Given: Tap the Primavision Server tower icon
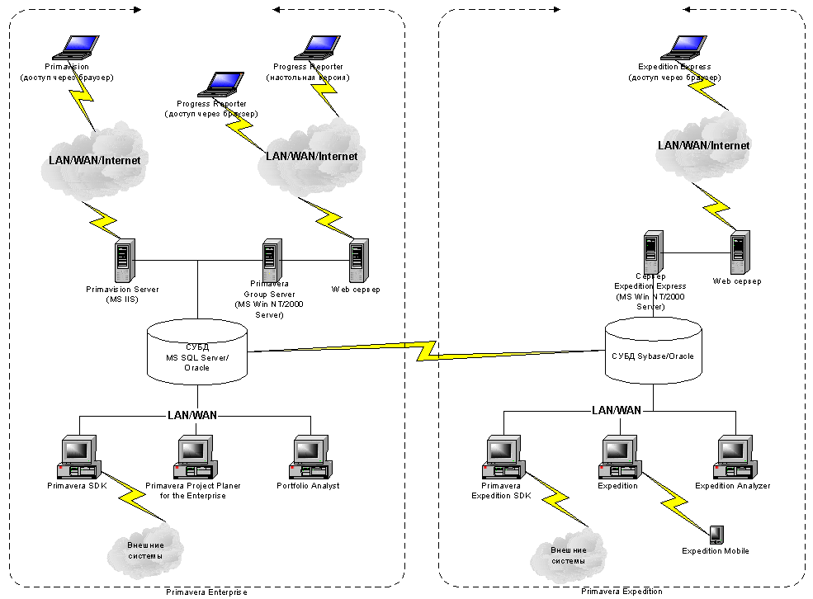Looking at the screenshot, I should (124, 260).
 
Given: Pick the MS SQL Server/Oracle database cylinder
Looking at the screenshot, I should (197, 352).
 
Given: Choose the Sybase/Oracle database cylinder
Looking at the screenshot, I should (653, 350).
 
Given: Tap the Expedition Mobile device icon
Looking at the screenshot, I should (716, 535).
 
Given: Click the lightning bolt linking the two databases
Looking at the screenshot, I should (426, 350).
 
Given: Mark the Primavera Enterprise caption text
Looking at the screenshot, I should (206, 592).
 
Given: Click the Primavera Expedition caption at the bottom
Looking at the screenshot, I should (622, 592).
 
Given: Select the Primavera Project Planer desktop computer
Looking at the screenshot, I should (192, 456).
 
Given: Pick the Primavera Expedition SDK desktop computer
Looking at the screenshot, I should (501, 456).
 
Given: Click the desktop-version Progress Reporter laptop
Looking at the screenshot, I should (317, 48).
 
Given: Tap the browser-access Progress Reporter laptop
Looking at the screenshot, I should (221, 85).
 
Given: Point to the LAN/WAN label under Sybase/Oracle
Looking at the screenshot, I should (617, 410).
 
